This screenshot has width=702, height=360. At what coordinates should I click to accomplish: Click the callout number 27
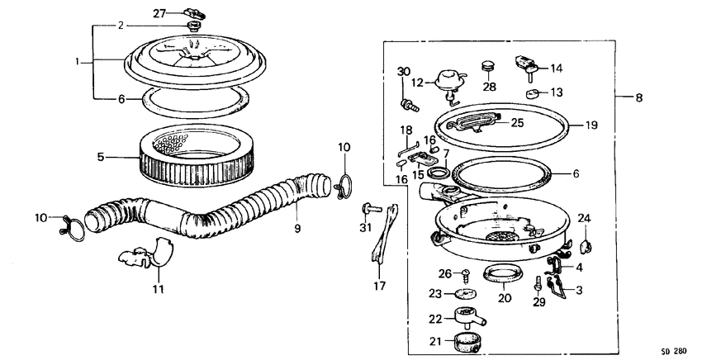coord(159,12)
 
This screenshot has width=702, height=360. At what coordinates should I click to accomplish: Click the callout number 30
coord(404,72)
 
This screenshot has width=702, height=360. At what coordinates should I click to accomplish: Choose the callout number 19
coord(591,126)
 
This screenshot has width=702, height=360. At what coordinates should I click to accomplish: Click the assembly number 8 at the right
coord(638,98)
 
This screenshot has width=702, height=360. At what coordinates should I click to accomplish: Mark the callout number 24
coord(585,218)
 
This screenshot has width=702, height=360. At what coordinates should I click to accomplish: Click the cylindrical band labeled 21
coord(470,339)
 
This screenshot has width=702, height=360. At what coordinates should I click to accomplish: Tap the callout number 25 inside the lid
coord(517,123)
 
